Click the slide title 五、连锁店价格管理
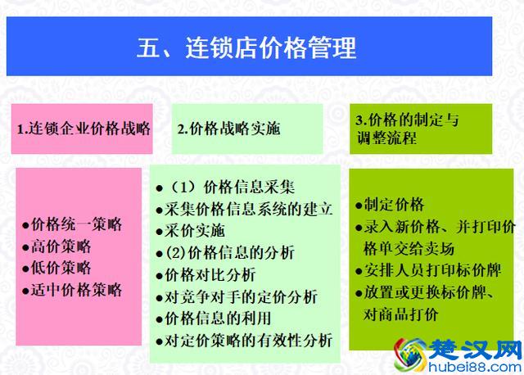(x=246, y=47)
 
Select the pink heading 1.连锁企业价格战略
(x=84, y=129)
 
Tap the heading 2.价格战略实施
(x=228, y=129)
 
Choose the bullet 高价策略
(x=61, y=246)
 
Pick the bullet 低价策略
(x=61, y=268)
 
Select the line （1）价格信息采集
(x=232, y=187)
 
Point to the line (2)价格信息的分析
(x=229, y=252)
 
